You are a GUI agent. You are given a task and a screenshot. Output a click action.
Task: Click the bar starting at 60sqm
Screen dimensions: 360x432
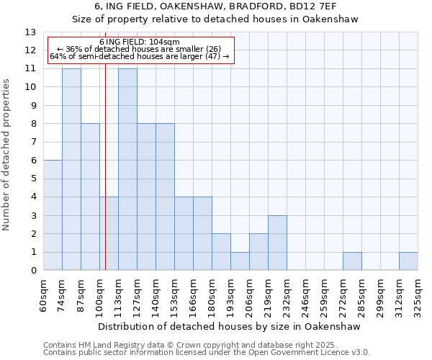coord(53,215)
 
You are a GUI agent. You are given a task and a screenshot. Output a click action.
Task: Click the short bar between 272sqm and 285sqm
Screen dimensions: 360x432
coord(352,261)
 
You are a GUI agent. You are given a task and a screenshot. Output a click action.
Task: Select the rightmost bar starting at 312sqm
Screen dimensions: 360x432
coord(408,261)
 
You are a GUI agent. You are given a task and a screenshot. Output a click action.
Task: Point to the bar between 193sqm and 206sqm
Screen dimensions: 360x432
coord(240,261)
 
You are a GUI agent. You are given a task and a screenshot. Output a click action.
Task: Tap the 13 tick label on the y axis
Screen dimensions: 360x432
coord(30,32)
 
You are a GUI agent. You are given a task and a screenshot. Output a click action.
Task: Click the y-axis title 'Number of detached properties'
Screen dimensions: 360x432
coord(7,156)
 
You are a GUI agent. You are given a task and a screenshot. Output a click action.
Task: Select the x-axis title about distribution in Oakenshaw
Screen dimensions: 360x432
coord(230,326)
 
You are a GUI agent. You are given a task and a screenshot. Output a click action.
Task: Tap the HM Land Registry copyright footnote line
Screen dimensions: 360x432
coord(205,345)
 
